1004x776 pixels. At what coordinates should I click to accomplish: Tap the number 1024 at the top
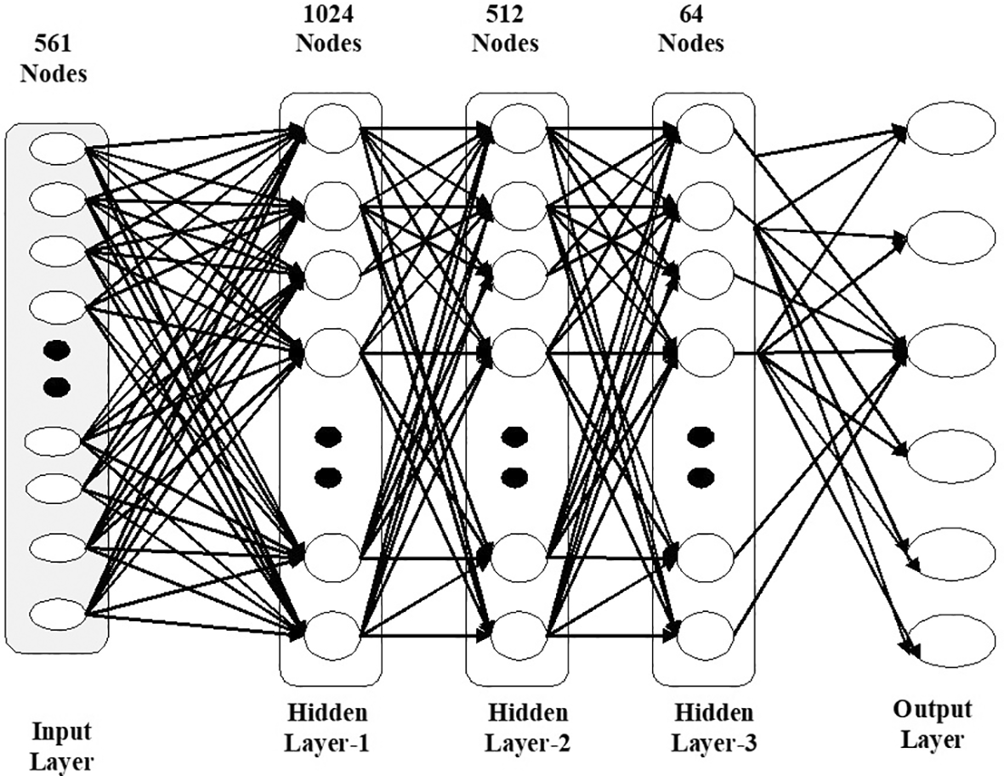[x=328, y=14]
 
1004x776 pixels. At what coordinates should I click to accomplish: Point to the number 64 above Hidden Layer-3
[x=689, y=14]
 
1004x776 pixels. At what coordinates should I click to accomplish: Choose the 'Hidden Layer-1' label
[x=328, y=728]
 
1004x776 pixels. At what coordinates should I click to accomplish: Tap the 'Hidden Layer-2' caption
[x=527, y=728]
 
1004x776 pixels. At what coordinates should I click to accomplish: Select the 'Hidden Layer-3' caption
[x=713, y=728]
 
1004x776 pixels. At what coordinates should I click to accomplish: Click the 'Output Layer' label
[x=933, y=724]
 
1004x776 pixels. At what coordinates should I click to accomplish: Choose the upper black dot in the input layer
[x=56, y=350]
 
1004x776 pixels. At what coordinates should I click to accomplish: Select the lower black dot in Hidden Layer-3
[x=700, y=475]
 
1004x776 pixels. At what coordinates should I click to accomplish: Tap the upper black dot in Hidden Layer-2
[x=513, y=437]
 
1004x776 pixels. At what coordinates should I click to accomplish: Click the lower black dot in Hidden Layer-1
[x=328, y=475]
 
